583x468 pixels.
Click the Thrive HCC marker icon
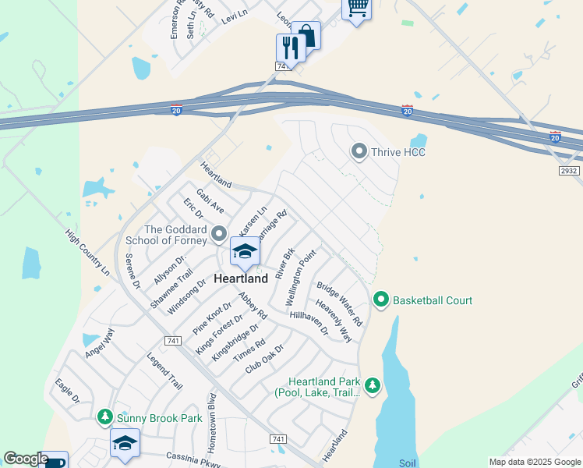(x=359, y=151)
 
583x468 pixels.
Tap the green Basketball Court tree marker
(x=381, y=300)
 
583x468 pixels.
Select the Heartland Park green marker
(x=373, y=385)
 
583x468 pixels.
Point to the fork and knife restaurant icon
(x=290, y=48)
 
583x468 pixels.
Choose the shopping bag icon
(x=307, y=35)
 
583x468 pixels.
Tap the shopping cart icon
(x=357, y=8)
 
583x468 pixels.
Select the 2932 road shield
(x=568, y=169)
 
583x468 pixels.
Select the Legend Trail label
(x=164, y=371)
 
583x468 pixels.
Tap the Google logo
(x=26, y=459)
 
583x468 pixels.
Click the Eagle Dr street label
(x=68, y=390)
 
